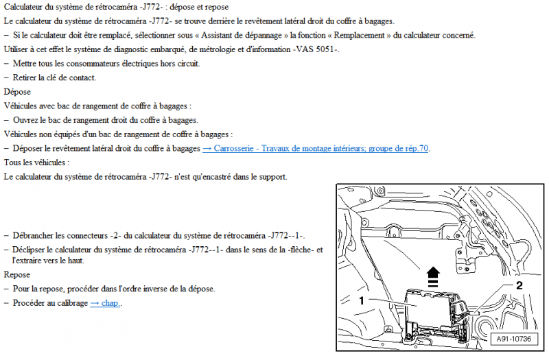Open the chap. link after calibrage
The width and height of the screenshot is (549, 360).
pos(106,303)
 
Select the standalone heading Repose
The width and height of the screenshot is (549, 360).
pos(16,274)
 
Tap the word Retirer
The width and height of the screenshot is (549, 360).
pos(26,77)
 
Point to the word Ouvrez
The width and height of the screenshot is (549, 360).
pos(27,120)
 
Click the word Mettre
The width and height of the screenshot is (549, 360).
pos(25,64)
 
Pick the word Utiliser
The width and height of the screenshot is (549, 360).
pos(18,49)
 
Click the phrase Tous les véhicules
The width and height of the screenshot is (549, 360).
pos(36,163)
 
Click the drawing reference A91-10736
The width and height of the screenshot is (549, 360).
pos(513,338)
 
